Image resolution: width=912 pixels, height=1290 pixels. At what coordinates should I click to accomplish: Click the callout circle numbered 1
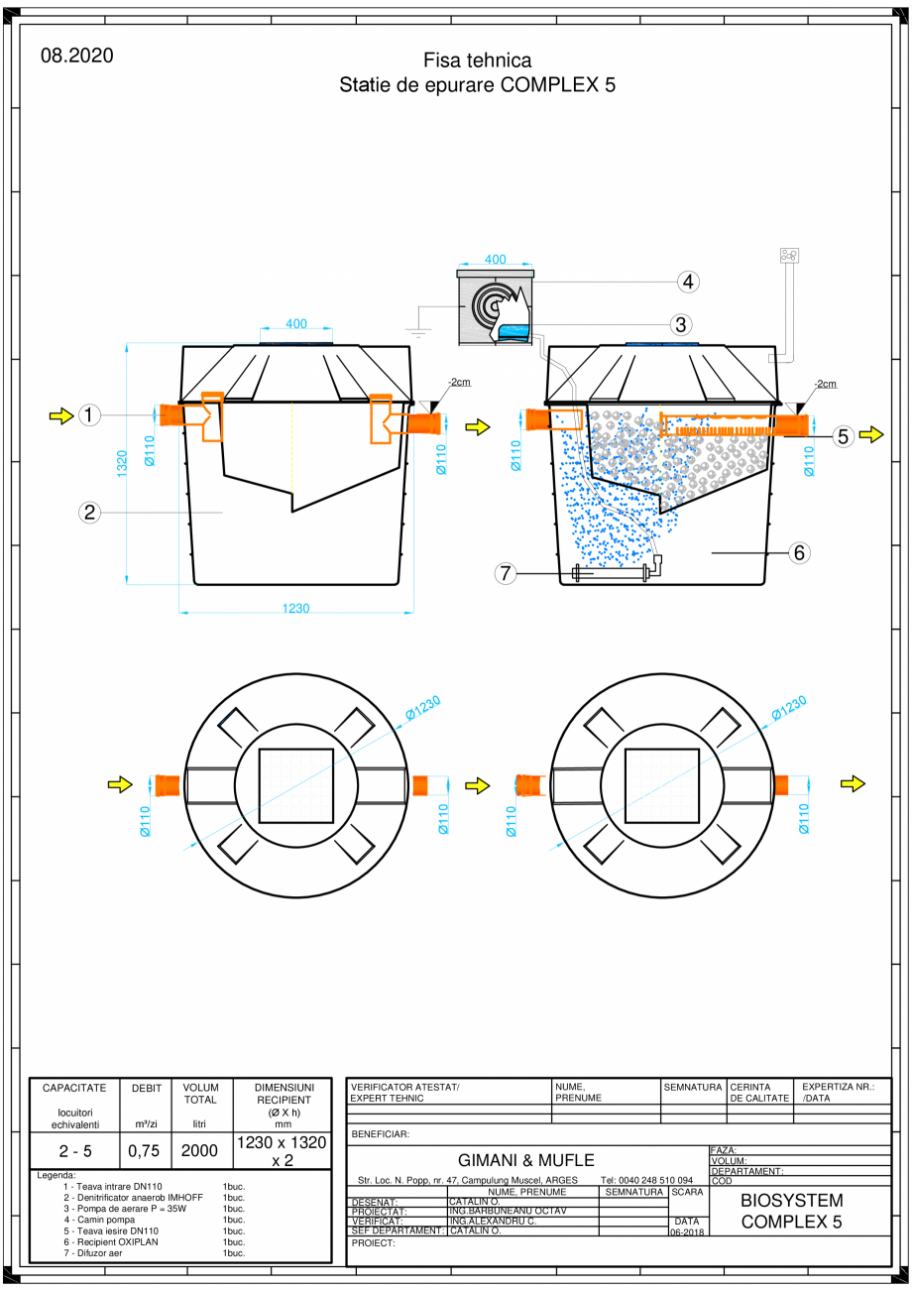tap(90, 415)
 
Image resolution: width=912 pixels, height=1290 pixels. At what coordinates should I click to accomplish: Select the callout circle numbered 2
tap(90, 512)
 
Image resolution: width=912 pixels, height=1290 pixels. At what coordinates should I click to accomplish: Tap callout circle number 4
tap(688, 281)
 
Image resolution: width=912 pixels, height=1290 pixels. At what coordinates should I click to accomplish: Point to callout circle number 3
tap(680, 323)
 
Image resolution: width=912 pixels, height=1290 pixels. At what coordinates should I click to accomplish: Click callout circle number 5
tap(844, 435)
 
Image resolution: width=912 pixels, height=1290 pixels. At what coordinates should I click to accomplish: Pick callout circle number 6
tap(800, 553)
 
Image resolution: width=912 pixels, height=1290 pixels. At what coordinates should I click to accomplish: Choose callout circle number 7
tap(506, 573)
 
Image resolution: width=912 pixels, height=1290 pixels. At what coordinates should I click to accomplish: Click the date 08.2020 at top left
tap(76, 56)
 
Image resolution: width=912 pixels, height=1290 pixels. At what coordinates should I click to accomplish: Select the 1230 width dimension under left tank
tap(295, 608)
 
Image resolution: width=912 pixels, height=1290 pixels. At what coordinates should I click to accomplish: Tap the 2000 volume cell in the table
tap(200, 1150)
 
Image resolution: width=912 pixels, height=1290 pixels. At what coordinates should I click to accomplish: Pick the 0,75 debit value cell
tap(145, 1150)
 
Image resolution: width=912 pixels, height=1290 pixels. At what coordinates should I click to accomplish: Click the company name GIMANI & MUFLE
tap(525, 1159)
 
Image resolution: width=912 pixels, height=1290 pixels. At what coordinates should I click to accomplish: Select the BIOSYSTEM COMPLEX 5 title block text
tap(791, 1211)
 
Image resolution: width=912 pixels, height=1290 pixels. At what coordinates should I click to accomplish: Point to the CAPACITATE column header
tap(74, 1088)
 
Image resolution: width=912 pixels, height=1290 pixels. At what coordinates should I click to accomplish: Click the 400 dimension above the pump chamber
tap(495, 260)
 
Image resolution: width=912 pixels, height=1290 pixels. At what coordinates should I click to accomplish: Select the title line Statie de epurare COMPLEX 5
tap(477, 85)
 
